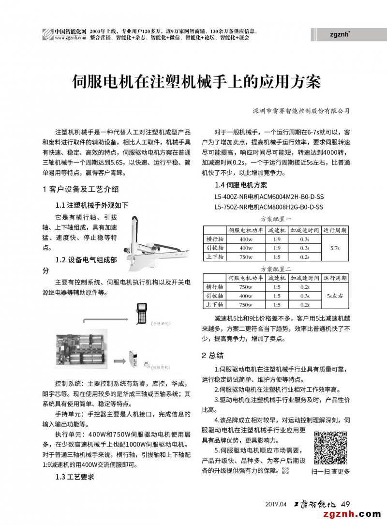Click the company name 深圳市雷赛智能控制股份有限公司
click(x=301, y=111)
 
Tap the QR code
click(x=331, y=448)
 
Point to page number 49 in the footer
click(x=345, y=504)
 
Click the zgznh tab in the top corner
click(x=341, y=34)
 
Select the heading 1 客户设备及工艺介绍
click(x=81, y=189)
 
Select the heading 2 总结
click(x=213, y=356)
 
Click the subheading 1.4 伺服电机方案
click(x=240, y=185)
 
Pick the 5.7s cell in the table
click(x=334, y=248)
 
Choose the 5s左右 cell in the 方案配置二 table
click(x=334, y=296)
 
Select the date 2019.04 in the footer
click(x=276, y=504)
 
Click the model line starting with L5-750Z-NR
click(x=269, y=207)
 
